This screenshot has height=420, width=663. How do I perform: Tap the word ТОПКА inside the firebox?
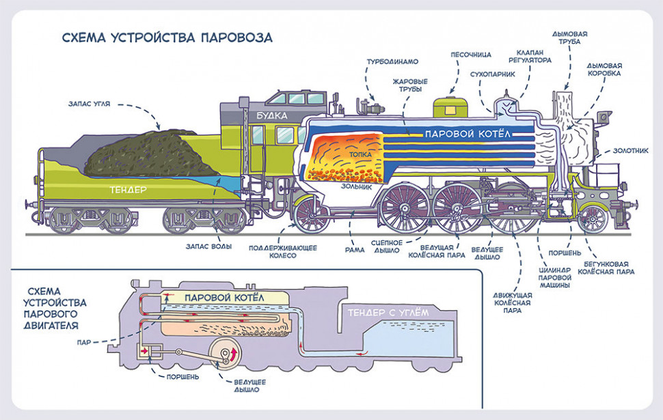click(360, 155)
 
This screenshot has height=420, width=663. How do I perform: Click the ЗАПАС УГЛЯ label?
click(90, 104)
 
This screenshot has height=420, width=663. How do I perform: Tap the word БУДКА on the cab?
click(272, 115)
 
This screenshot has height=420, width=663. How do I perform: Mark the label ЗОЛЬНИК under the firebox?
click(356, 185)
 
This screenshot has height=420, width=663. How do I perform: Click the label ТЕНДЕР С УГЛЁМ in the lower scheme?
click(386, 311)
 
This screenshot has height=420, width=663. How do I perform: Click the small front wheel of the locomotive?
click(592, 219)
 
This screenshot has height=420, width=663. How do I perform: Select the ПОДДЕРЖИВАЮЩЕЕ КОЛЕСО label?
click(282, 251)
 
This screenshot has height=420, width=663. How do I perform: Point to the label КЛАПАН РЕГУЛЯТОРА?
click(534, 55)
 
